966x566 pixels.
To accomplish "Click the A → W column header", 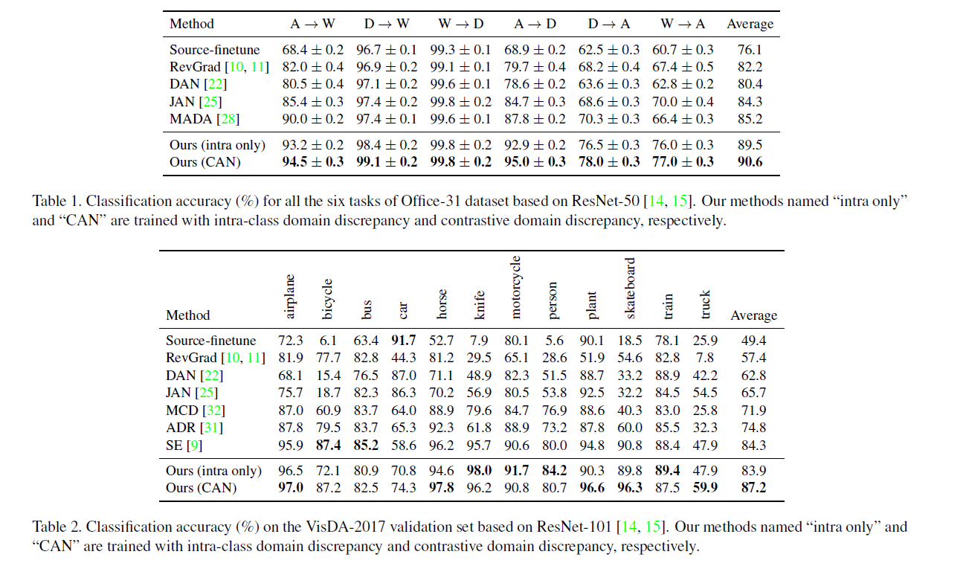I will pos(312,24).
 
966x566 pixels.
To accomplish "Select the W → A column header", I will pos(683,24).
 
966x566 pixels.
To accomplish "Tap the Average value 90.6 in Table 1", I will pos(750,162).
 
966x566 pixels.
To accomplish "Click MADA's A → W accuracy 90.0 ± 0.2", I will pos(312,119).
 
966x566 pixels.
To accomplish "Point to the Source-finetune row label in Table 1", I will pos(215,50).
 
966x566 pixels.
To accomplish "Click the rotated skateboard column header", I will pos(630,288).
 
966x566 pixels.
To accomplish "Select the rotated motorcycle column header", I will pos(515,287).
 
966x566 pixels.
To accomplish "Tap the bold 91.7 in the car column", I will pos(405,341).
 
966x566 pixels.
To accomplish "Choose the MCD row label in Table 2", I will pos(182,411).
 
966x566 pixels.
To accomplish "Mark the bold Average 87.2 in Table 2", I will pos(753,489).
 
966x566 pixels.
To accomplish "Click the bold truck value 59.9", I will pos(705,489).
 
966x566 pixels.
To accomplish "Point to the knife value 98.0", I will pos(479,471).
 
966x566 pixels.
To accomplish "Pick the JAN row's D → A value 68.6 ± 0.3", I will pos(609,102).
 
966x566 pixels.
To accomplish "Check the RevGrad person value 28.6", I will pos(553,358).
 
